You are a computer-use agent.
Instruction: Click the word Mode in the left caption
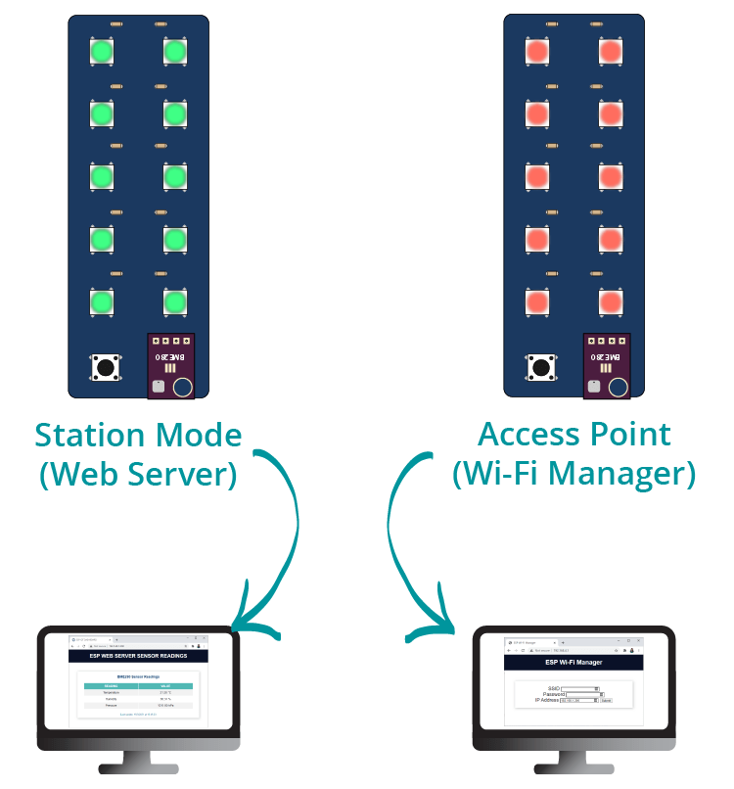pyautogui.click(x=200, y=435)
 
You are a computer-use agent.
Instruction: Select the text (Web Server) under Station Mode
pyautogui.click(x=138, y=474)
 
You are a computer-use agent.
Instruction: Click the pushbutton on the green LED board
pyautogui.click(x=107, y=368)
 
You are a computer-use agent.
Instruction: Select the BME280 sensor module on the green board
pyautogui.click(x=171, y=366)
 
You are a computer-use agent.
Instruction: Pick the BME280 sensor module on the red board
pyautogui.click(x=607, y=366)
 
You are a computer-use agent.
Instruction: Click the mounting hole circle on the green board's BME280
pyautogui.click(x=182, y=388)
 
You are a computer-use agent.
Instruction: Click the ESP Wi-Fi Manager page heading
pyautogui.click(x=573, y=663)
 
